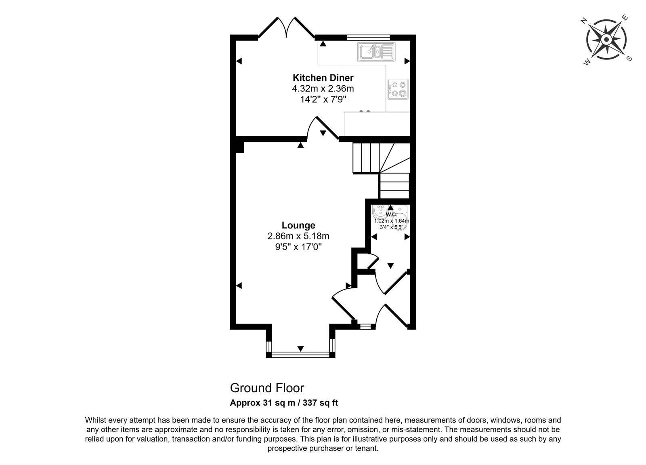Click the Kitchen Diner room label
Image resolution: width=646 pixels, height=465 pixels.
(x=323, y=78)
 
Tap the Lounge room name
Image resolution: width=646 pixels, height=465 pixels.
(x=298, y=225)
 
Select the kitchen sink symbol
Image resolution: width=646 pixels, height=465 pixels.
(x=376, y=52)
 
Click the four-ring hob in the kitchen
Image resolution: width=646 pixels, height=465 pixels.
(x=398, y=89)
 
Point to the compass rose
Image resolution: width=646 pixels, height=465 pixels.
(x=606, y=40)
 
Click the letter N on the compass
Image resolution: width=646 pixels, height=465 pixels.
(x=584, y=21)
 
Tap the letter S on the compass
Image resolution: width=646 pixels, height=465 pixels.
(x=629, y=59)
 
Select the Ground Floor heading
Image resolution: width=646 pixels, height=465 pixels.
(x=267, y=388)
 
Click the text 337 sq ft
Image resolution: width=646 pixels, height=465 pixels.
(x=320, y=403)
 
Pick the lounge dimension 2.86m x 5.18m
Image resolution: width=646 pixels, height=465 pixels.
(x=298, y=236)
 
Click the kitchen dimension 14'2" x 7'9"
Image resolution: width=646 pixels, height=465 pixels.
(x=323, y=99)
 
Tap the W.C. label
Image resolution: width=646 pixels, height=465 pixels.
(x=391, y=215)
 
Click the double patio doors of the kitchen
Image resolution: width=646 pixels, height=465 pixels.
(x=286, y=28)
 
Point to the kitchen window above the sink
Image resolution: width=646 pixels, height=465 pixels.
(x=368, y=37)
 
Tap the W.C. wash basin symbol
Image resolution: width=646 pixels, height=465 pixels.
(x=380, y=212)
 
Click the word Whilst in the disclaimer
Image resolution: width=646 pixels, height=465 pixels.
(x=96, y=420)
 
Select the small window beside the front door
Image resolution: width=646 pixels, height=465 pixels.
(x=365, y=327)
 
